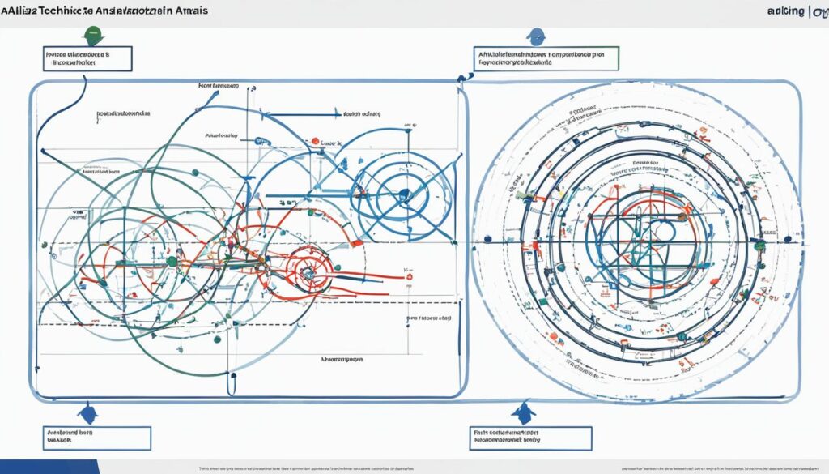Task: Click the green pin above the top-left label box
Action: tap(94, 36)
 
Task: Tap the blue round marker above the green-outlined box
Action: tap(534, 36)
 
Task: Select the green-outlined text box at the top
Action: tap(546, 59)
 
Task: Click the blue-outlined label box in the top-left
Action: tap(86, 58)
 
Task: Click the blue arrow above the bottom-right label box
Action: tap(523, 412)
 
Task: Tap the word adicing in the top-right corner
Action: tap(782, 11)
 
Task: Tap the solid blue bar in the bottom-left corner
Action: tap(49, 467)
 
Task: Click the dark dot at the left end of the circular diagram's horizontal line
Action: tap(487, 239)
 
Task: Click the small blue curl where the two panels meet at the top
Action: tap(462, 77)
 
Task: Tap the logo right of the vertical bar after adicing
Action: tap(819, 11)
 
